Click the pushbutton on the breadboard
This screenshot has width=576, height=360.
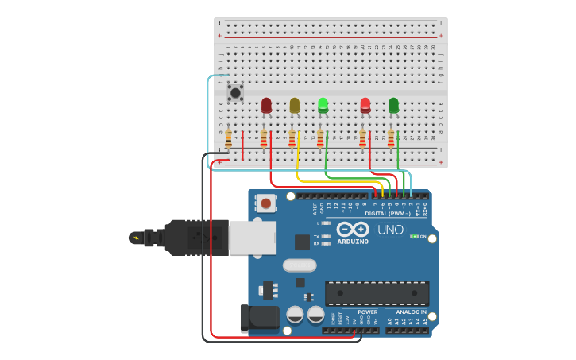point(235,92)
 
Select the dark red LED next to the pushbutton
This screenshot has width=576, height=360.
point(266,105)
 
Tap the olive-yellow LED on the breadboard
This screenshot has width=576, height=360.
point(295,105)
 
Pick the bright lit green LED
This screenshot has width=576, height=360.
point(323,104)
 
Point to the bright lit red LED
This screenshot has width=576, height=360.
point(365,104)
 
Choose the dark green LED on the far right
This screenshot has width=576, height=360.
point(393,104)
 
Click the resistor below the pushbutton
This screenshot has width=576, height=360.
point(229,139)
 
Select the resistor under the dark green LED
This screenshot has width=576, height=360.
point(391,138)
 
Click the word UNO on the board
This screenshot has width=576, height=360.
point(389,230)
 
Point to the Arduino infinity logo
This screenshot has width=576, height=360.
point(353,229)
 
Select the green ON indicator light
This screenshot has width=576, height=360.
point(413,237)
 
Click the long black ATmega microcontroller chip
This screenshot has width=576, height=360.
point(377,293)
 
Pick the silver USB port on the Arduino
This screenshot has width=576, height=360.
point(253,238)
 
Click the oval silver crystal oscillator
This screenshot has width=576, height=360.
point(299,265)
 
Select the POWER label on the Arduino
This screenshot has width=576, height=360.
point(367,312)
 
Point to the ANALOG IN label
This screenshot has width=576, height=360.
point(412,312)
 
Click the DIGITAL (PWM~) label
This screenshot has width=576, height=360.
point(388,213)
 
